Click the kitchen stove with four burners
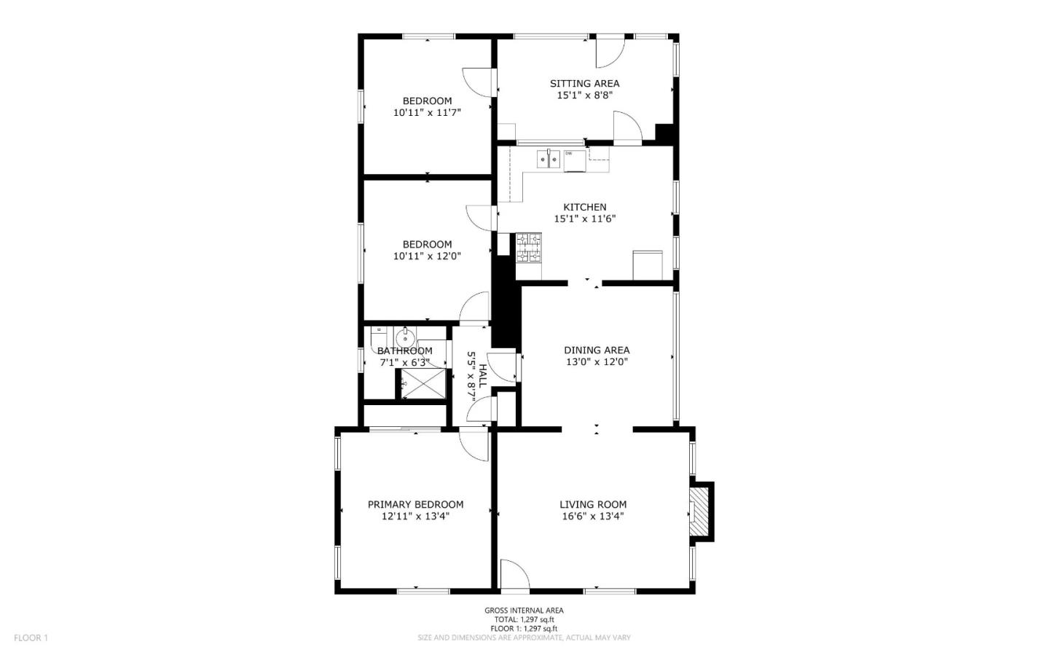529,248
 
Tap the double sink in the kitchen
548,158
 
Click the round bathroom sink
405,337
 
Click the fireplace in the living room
699,511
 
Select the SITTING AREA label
584,83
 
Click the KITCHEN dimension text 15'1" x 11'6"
584,219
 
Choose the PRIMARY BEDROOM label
415,504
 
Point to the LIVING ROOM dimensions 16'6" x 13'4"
592,517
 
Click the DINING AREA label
597,350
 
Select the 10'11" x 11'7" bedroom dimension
427,113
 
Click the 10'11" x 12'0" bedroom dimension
427,256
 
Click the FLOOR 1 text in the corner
31,638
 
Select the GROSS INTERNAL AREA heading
524,611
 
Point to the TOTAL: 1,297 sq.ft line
524,619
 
